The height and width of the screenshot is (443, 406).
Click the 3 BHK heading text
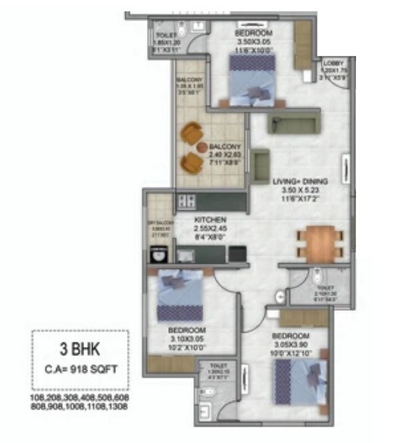[x=79, y=351]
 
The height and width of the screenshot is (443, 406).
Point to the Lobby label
[x=333, y=63]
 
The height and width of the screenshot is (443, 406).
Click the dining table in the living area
[x=320, y=243]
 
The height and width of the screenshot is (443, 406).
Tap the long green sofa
[x=295, y=122]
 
